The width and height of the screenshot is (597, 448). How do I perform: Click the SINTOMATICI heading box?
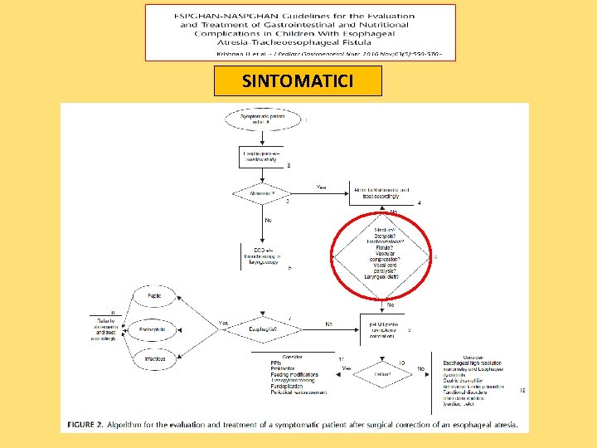point(298,81)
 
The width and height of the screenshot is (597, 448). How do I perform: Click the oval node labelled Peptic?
point(154,295)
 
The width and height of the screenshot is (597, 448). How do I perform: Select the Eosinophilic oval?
point(154,329)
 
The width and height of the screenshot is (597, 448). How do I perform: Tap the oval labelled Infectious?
point(154,359)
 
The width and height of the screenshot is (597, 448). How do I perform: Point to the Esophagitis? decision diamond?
point(265,329)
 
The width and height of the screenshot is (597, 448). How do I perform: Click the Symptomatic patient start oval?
point(261,119)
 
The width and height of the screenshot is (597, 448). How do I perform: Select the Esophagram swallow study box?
point(262,157)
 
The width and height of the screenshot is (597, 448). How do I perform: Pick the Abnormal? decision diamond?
point(263,195)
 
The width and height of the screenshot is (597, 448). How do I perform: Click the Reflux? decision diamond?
point(382,373)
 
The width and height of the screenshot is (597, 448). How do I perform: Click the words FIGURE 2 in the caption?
point(83,425)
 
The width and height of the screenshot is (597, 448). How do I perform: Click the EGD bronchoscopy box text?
point(262,258)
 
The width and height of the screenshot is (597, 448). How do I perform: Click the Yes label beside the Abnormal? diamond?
point(322,187)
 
